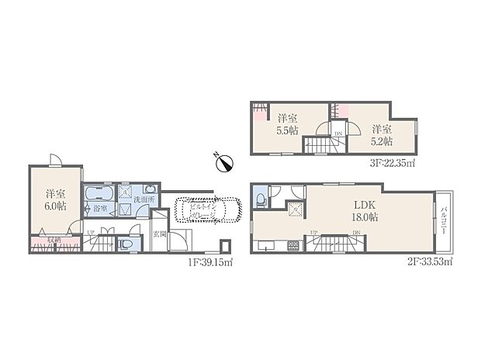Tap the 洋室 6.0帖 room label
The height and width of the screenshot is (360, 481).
(x=54, y=199)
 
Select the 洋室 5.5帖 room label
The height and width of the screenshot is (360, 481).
(x=288, y=125)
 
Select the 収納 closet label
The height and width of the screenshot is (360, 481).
(x=48, y=240)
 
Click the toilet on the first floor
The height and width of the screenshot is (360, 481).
(x=126, y=244)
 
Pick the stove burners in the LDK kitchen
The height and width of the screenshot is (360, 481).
(x=293, y=246)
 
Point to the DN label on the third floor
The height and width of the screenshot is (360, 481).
(x=337, y=135)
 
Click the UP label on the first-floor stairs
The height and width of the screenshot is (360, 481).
(x=91, y=233)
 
